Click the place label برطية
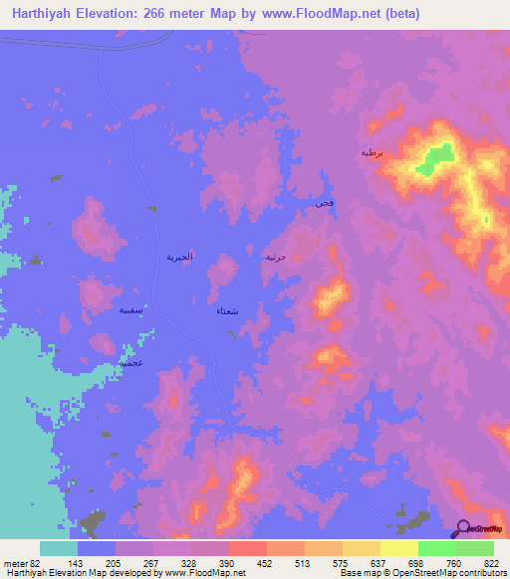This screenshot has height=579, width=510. pyautogui.click(x=371, y=153)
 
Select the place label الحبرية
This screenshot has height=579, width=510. pyautogui.click(x=179, y=257)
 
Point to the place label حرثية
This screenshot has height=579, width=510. pyautogui.click(x=276, y=257)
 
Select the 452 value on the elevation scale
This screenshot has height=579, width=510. pyautogui.click(x=267, y=563)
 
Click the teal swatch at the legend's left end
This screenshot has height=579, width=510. pyautogui.click(x=59, y=548)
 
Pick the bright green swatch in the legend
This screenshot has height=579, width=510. pyautogui.click(x=437, y=548)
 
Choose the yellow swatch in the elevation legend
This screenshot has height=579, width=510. pyautogui.click(x=399, y=548)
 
